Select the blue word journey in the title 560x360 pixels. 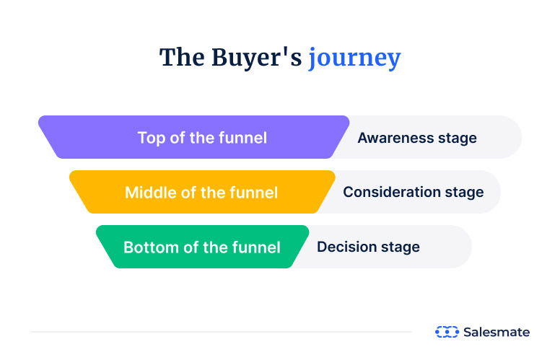(x=354, y=58)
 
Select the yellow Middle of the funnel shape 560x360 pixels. (x=202, y=192)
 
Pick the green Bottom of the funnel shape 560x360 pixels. (x=202, y=247)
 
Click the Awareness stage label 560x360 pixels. (x=417, y=137)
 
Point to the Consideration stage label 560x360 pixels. (x=413, y=192)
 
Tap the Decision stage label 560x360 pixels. (x=368, y=247)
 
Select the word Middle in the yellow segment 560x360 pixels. (x=149, y=193)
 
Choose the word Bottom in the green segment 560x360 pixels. (x=149, y=247)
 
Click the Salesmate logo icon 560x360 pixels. (x=447, y=332)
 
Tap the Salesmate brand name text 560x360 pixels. (x=497, y=332)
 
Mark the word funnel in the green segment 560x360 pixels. (x=256, y=247)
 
